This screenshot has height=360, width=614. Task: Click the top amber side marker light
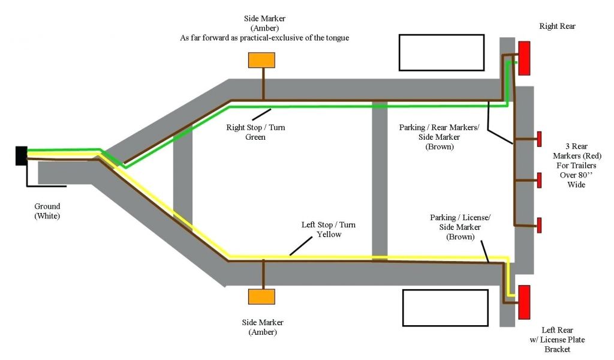click(262, 60)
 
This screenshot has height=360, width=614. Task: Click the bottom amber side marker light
click(262, 296)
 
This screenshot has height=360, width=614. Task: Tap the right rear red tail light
click(524, 58)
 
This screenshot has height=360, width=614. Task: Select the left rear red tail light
click(524, 302)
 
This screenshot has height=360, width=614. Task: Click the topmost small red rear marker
click(539, 139)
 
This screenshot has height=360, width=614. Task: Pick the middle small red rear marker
click(539, 180)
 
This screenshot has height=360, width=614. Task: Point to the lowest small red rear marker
click(539, 225)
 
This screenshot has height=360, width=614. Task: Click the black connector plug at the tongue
click(21, 155)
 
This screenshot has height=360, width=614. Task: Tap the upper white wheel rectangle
click(441, 52)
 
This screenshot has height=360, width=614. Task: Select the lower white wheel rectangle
click(444, 307)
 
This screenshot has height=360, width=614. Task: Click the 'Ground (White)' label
click(47, 211)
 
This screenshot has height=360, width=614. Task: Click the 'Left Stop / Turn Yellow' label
click(328, 229)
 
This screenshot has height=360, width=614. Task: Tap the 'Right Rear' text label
click(557, 26)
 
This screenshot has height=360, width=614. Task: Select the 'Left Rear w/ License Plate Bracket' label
click(556, 340)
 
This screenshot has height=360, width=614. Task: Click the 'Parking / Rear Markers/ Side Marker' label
click(440, 137)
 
